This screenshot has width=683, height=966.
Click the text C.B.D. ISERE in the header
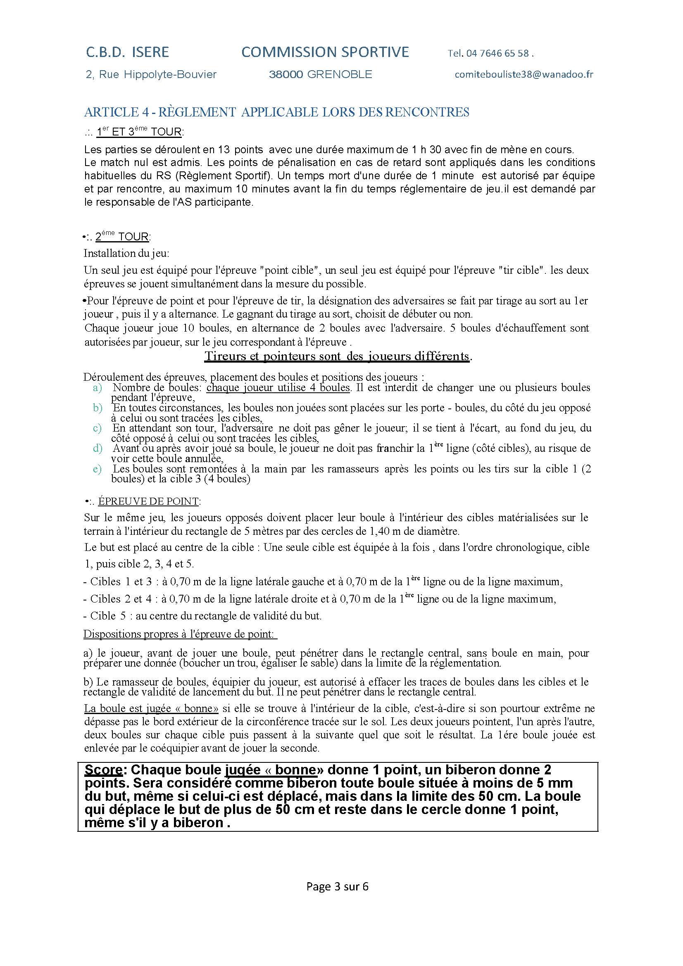point(127,52)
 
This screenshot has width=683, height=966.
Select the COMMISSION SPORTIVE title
point(325,52)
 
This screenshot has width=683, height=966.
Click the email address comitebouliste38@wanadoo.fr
point(524,74)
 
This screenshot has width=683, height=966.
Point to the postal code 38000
point(286,75)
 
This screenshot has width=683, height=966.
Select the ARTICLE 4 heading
point(276,112)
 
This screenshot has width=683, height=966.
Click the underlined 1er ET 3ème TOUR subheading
point(139,132)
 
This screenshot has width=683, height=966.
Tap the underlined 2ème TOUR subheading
point(122,237)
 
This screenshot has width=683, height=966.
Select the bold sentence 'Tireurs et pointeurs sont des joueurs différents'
point(337,356)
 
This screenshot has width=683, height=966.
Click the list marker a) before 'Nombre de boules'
point(98,387)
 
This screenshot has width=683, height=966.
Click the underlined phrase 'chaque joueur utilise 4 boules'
point(278,387)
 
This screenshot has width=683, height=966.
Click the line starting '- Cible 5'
point(202,616)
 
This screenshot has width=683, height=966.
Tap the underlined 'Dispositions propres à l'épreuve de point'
point(180,634)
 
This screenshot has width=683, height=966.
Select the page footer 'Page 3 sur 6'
point(338,886)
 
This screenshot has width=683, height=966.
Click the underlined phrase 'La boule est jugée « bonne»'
point(151,709)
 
